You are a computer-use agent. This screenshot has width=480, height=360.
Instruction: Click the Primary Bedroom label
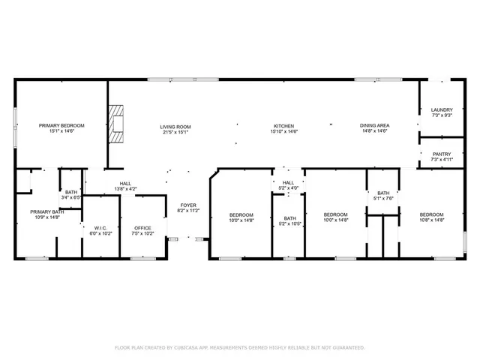(61, 125)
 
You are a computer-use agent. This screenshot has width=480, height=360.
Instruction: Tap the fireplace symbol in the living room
(115, 123)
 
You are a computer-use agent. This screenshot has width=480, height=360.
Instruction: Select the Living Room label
(175, 126)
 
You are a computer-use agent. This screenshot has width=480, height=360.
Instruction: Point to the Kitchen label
(283, 126)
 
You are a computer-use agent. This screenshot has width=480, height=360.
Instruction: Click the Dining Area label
(373, 126)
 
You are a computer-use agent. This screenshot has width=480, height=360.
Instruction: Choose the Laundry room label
(442, 109)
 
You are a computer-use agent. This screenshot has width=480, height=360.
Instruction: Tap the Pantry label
(442, 153)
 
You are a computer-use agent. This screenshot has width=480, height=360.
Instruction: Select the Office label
(142, 228)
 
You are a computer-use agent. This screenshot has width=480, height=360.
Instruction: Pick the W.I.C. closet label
(101, 228)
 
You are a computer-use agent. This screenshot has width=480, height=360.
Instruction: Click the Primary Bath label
(47, 211)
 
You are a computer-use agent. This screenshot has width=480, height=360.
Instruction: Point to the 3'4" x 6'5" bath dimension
(71, 197)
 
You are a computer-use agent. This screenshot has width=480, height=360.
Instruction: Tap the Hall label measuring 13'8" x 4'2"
(125, 188)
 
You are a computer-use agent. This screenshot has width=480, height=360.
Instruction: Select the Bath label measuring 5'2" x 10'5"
(289, 218)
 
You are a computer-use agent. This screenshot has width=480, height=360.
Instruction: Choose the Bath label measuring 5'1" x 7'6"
(383, 193)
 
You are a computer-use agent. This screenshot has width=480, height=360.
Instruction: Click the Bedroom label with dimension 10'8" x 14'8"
(432, 214)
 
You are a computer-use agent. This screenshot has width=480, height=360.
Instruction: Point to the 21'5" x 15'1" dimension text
(175, 131)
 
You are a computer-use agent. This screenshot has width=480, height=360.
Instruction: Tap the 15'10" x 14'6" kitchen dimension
(283, 131)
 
